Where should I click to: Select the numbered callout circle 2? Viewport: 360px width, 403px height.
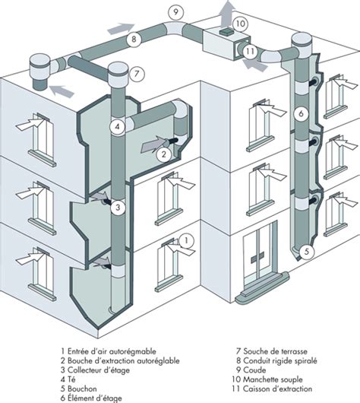click(162, 154)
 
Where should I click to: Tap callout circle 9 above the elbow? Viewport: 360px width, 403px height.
click(175, 12)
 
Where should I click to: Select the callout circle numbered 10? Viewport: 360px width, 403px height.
click(239, 23)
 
